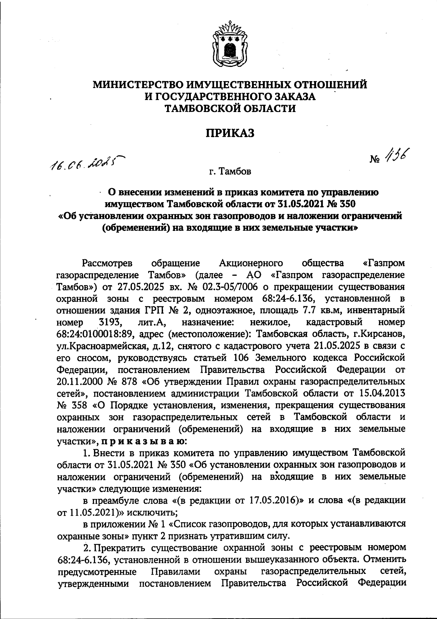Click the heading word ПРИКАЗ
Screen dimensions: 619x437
229,133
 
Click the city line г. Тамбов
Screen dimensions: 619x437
230,171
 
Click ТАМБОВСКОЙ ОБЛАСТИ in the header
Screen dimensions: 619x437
230,108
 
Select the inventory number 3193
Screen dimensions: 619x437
110,322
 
